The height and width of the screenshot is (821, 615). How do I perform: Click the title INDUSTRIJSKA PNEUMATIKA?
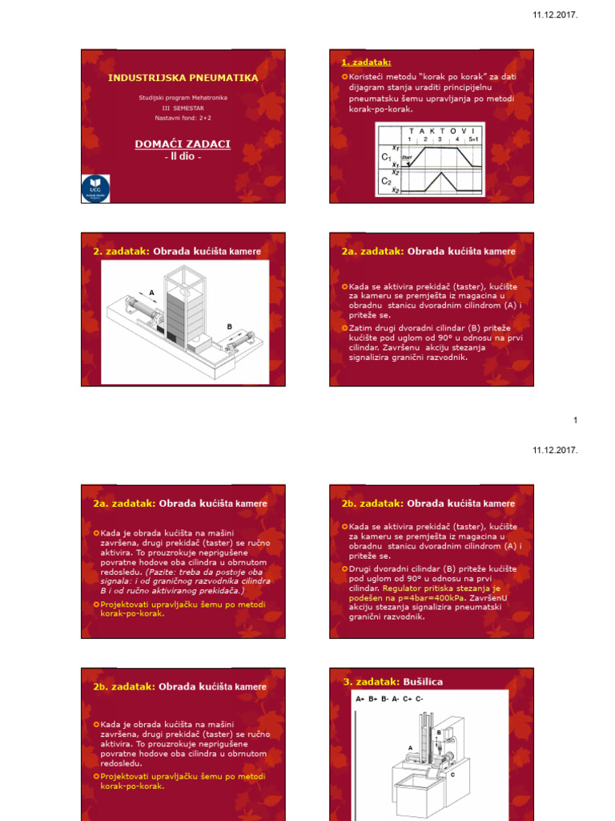(183, 78)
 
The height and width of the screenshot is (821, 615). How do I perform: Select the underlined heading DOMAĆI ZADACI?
(183, 144)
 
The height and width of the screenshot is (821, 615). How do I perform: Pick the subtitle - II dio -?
(183, 157)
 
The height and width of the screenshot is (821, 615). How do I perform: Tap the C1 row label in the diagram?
(387, 158)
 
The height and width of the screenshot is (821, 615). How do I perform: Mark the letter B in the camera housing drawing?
(229, 327)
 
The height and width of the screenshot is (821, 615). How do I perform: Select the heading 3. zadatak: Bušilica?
(393, 681)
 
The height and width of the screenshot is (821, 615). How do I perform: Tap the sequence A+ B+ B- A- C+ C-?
(390, 699)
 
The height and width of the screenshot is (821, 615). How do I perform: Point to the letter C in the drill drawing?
(452, 774)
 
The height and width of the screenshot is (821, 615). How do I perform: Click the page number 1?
(575, 420)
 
